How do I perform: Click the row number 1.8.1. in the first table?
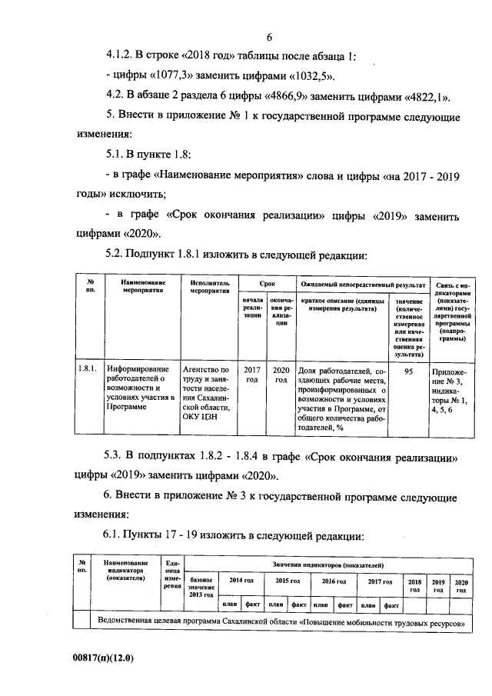(x=87, y=370)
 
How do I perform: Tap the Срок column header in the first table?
(x=267, y=284)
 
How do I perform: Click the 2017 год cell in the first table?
(x=251, y=375)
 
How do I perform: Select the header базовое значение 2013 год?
(x=201, y=585)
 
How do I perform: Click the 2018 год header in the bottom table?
(x=415, y=585)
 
